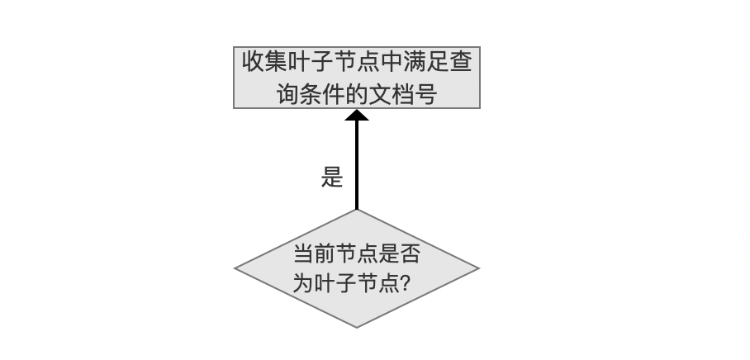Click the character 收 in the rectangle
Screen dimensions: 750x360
pos(253,62)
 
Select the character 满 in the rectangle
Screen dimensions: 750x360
pos(414,62)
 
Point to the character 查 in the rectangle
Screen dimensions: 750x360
pos(461,62)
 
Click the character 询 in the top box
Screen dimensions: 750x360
pos(288,94)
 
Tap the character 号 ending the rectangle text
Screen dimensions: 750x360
pos(426,94)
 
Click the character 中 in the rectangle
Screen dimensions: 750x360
pos(392,62)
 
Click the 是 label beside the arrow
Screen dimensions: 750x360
pos(332,177)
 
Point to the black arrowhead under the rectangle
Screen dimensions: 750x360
pos(357,116)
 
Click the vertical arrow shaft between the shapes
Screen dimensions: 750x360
pos(357,165)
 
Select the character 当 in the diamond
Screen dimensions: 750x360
pos(303,253)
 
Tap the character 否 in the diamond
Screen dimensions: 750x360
pos(410,253)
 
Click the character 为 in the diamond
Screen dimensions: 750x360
pos(303,283)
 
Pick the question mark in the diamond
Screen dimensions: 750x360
pos(404,283)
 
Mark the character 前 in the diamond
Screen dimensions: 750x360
pos(325,253)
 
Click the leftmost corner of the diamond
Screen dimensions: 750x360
pos(235,268)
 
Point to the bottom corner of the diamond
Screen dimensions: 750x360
pos(357,328)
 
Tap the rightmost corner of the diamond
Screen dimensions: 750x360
pos(479,268)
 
